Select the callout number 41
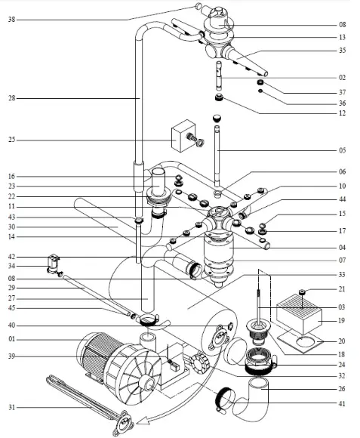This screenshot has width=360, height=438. tap(343, 406)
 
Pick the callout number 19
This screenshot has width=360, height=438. tap(343, 320)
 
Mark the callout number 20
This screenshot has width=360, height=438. tap(343, 341)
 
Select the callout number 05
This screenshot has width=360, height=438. tap(343, 150)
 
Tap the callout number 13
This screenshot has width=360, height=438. tap(343, 37)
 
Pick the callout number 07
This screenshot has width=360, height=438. tap(343, 260)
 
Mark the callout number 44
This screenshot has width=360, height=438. tap(343, 199)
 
